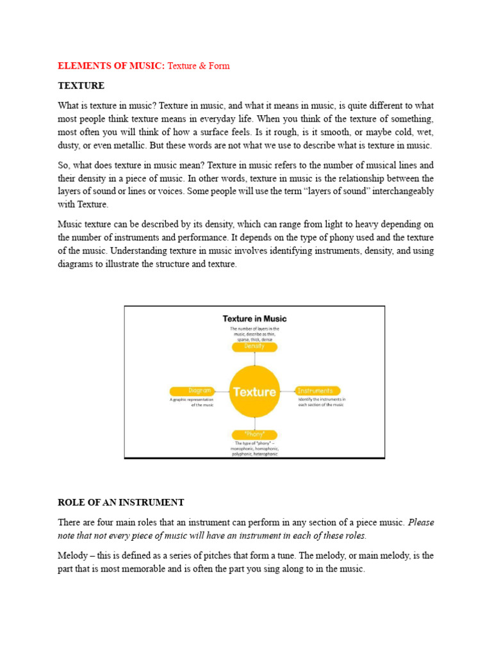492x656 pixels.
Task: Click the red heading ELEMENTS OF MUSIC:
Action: pyautogui.click(x=111, y=66)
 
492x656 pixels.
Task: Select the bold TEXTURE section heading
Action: pyautogui.click(x=81, y=85)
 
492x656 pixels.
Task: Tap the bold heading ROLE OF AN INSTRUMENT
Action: pyautogui.click(x=121, y=502)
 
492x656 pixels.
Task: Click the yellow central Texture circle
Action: pyautogui.click(x=254, y=391)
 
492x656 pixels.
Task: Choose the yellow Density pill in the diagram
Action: pyautogui.click(x=254, y=347)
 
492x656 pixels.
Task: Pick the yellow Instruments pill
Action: pyautogui.click(x=316, y=391)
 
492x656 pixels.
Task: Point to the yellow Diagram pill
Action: pyautogui.click(x=191, y=391)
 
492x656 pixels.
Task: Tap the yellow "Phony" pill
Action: pyautogui.click(x=254, y=434)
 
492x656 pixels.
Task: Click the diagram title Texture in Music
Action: pyautogui.click(x=254, y=318)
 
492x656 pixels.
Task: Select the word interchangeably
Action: pyautogui.click(x=398, y=191)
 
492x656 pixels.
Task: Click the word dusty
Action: pyautogui.click(x=70, y=145)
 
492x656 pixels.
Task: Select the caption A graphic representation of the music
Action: pyautogui.click(x=190, y=402)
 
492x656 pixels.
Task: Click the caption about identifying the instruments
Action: pyautogui.click(x=321, y=402)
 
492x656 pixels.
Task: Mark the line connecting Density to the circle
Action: pyautogui.click(x=254, y=359)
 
